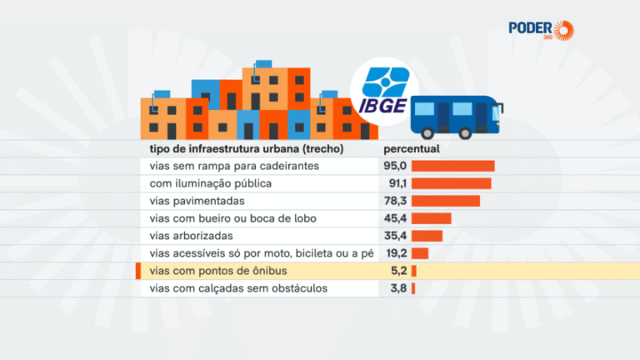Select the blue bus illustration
click(457, 115)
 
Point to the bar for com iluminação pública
click(451, 183)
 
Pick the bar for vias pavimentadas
click(445, 201)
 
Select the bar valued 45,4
click(431, 218)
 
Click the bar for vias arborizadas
click(427, 236)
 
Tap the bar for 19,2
click(419, 253)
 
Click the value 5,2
click(397, 272)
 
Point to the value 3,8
click(397, 289)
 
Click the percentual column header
click(411, 149)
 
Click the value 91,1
click(395, 183)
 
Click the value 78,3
click(395, 201)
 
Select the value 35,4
click(395, 236)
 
